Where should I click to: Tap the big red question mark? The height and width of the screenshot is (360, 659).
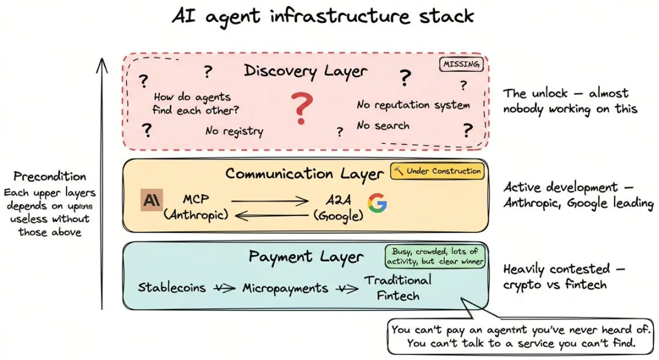[301, 109]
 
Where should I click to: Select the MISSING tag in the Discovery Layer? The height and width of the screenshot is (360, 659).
[461, 64]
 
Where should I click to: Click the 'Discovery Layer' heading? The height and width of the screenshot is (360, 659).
[306, 71]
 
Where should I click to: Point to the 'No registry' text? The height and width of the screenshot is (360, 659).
[234, 131]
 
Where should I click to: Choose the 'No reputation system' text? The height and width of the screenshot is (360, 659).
[413, 105]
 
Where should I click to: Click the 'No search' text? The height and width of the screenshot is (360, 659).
[383, 126]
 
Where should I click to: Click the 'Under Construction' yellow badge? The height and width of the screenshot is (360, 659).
[438, 171]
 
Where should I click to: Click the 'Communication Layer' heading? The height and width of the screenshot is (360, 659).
[304, 174]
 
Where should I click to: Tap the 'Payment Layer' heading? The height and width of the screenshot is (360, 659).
[306, 257]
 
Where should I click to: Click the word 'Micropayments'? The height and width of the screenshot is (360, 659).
[285, 288]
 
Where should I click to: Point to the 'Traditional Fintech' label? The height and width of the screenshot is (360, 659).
[398, 287]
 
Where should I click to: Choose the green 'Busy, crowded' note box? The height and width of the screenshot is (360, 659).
[435, 256]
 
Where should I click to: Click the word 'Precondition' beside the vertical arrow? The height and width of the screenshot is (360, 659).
[50, 177]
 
